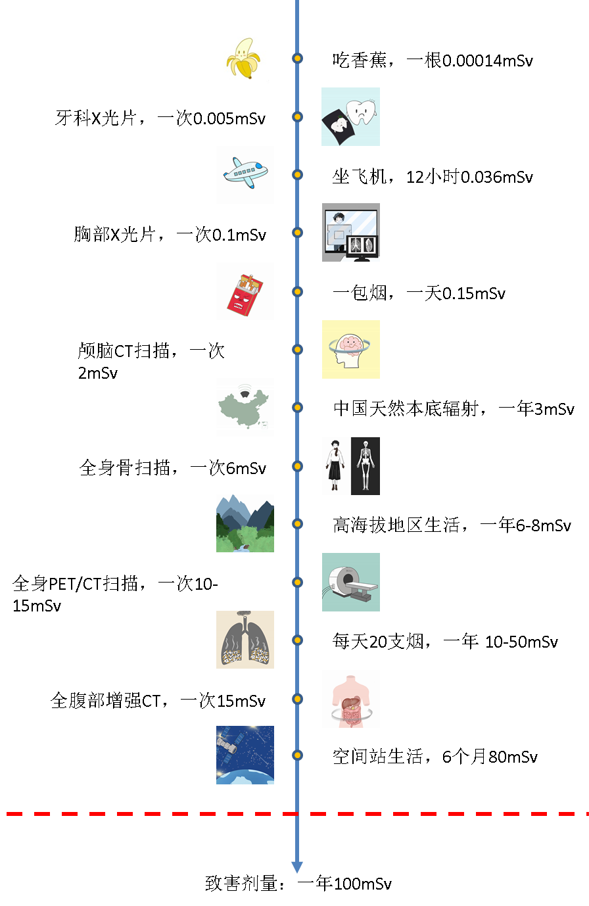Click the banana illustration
click(243, 59)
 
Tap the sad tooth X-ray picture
click(351, 116)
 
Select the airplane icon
click(245, 173)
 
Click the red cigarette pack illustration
click(245, 295)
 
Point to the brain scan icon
click(351, 350)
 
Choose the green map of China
click(245, 407)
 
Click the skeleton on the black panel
click(365, 466)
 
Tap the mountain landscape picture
click(245, 523)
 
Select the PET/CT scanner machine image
click(351, 582)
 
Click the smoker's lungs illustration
click(245, 640)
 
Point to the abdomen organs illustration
click(351, 699)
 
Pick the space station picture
click(245, 755)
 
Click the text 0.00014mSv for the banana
click(488, 61)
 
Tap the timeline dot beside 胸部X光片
click(297, 233)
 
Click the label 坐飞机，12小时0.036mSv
click(433, 177)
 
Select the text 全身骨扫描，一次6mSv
click(173, 468)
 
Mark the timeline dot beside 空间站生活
click(297, 755)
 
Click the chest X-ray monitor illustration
click(351, 233)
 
